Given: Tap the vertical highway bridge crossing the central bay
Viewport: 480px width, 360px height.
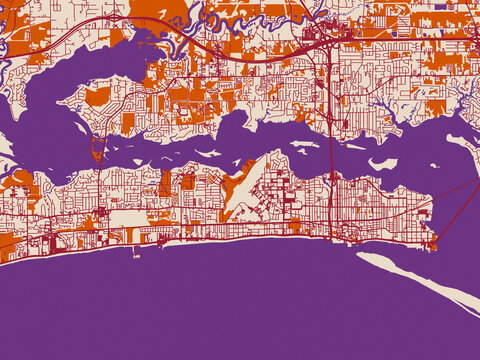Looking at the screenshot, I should coord(329,150).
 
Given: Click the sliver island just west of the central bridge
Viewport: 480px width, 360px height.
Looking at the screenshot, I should coord(305,144).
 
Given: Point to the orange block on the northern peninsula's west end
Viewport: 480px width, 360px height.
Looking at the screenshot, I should coord(97,96).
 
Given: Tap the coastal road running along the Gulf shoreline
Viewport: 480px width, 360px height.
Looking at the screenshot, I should coord(250,238).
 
